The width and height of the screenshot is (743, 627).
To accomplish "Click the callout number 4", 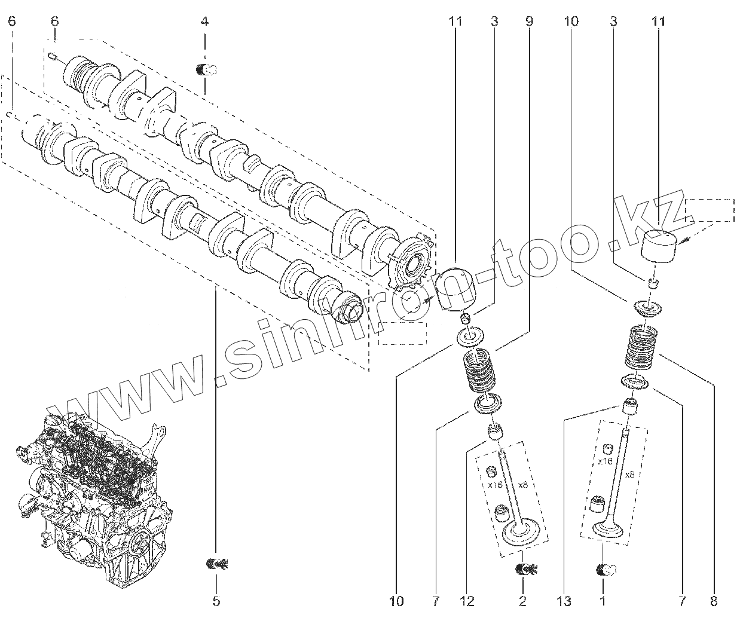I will click(x=204, y=22).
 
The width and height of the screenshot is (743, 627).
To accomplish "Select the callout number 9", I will click(x=529, y=22).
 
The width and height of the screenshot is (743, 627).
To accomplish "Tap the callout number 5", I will click(x=216, y=601).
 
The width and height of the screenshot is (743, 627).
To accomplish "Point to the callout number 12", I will click(x=467, y=601).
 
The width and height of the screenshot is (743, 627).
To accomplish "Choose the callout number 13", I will click(x=564, y=601).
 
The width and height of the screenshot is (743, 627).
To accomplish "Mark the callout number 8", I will click(x=714, y=601).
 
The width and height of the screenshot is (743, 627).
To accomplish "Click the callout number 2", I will click(x=523, y=601).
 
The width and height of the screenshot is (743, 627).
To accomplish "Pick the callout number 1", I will click(x=603, y=601).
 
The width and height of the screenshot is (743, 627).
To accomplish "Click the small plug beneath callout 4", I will click(x=206, y=70).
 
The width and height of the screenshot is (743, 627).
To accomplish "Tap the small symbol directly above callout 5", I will click(x=216, y=563).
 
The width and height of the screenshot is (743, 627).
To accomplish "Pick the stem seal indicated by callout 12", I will click(x=495, y=432).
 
